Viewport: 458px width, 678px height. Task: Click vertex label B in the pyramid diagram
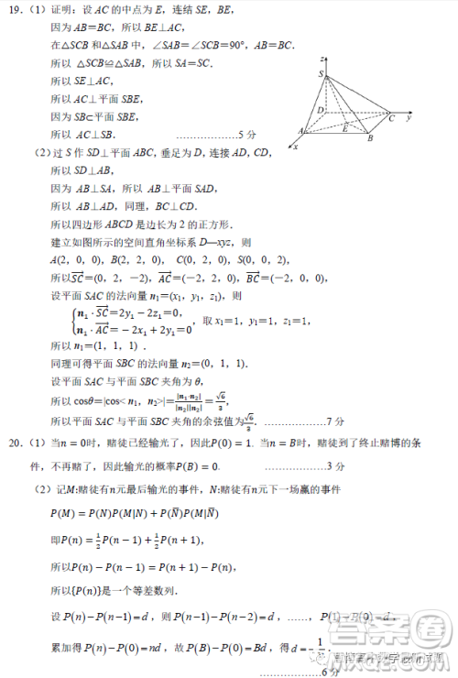pos(369,138)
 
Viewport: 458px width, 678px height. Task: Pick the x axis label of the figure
pos(294,147)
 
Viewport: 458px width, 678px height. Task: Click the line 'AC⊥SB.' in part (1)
pos(77,134)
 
